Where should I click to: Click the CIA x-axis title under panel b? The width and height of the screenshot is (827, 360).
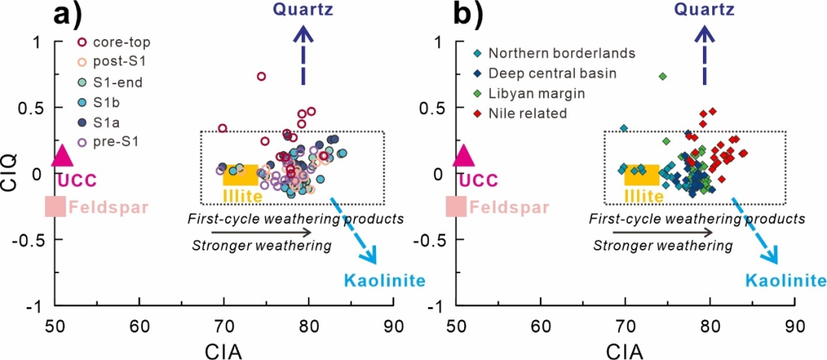(x=624, y=351)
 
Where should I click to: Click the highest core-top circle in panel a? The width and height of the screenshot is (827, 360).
(x=261, y=76)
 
